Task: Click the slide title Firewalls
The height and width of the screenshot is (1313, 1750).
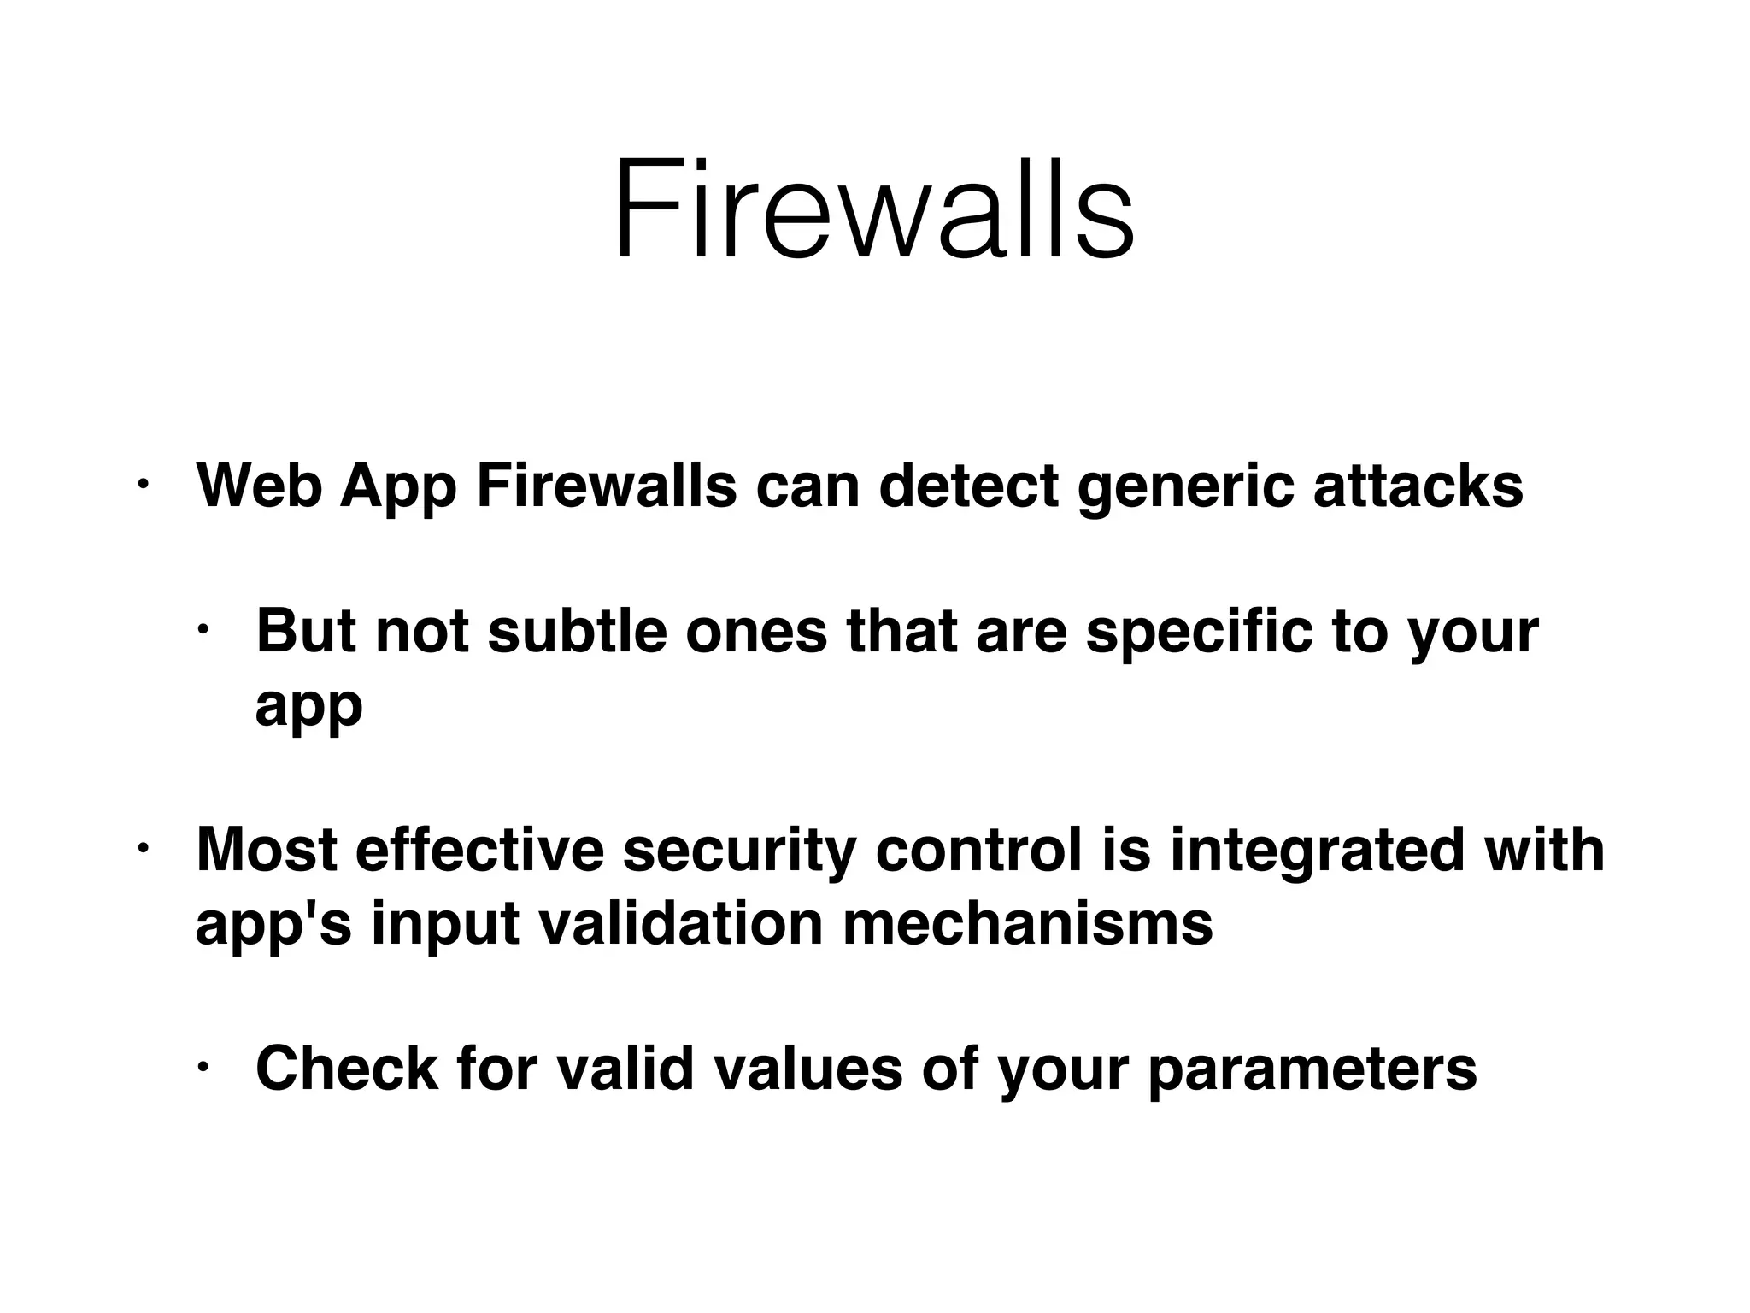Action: point(873,209)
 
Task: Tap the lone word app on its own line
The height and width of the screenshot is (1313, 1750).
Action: point(308,708)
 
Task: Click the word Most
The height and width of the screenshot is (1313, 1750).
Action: point(266,850)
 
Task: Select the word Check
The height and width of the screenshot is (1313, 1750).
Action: point(347,1069)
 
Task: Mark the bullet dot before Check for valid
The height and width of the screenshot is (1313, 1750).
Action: point(203,1069)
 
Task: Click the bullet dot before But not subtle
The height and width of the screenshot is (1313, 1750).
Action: point(203,631)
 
